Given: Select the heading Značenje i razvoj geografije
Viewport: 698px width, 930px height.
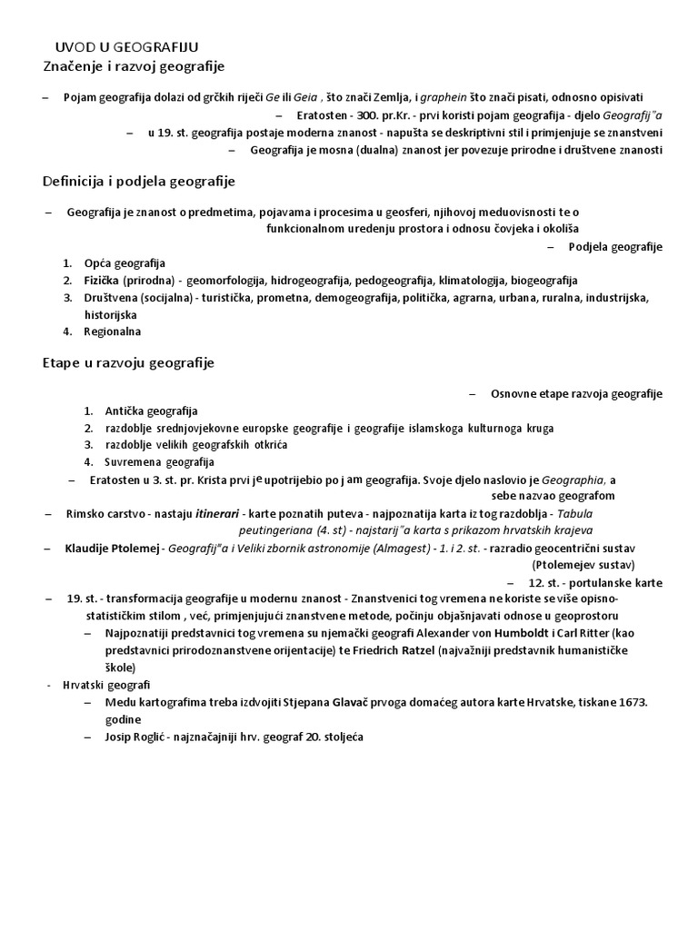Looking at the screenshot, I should coord(133,66).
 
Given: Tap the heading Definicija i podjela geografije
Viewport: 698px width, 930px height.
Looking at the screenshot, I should coord(139,182).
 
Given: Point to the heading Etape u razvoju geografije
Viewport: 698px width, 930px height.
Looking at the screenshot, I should coord(128,363).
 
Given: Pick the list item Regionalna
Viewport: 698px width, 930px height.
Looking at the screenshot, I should coord(113,331).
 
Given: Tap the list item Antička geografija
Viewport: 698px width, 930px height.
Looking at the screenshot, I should coord(152,411).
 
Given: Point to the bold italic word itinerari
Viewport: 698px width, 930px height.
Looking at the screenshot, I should coord(217,514).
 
